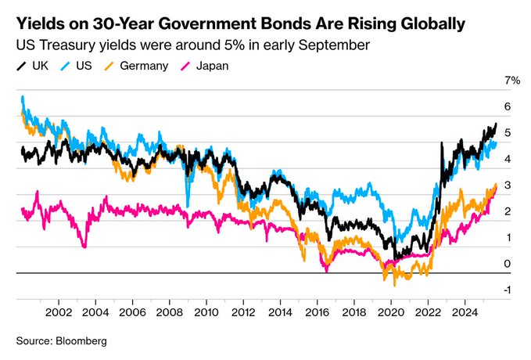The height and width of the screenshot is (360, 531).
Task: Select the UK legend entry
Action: (35, 66)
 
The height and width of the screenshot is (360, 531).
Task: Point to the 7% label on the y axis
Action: (512, 81)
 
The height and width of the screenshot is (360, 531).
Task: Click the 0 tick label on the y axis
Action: (508, 264)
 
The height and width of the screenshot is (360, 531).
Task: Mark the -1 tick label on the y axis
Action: (508, 290)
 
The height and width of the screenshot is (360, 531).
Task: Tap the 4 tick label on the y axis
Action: (508, 159)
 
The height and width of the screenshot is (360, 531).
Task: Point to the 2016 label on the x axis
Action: (317, 312)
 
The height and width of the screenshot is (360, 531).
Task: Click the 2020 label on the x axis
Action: (390, 312)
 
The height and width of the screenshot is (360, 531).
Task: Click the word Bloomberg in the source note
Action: (79, 341)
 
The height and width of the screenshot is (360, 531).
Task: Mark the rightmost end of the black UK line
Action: (496, 124)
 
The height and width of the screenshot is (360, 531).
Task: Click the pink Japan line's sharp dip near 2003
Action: (84, 247)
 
